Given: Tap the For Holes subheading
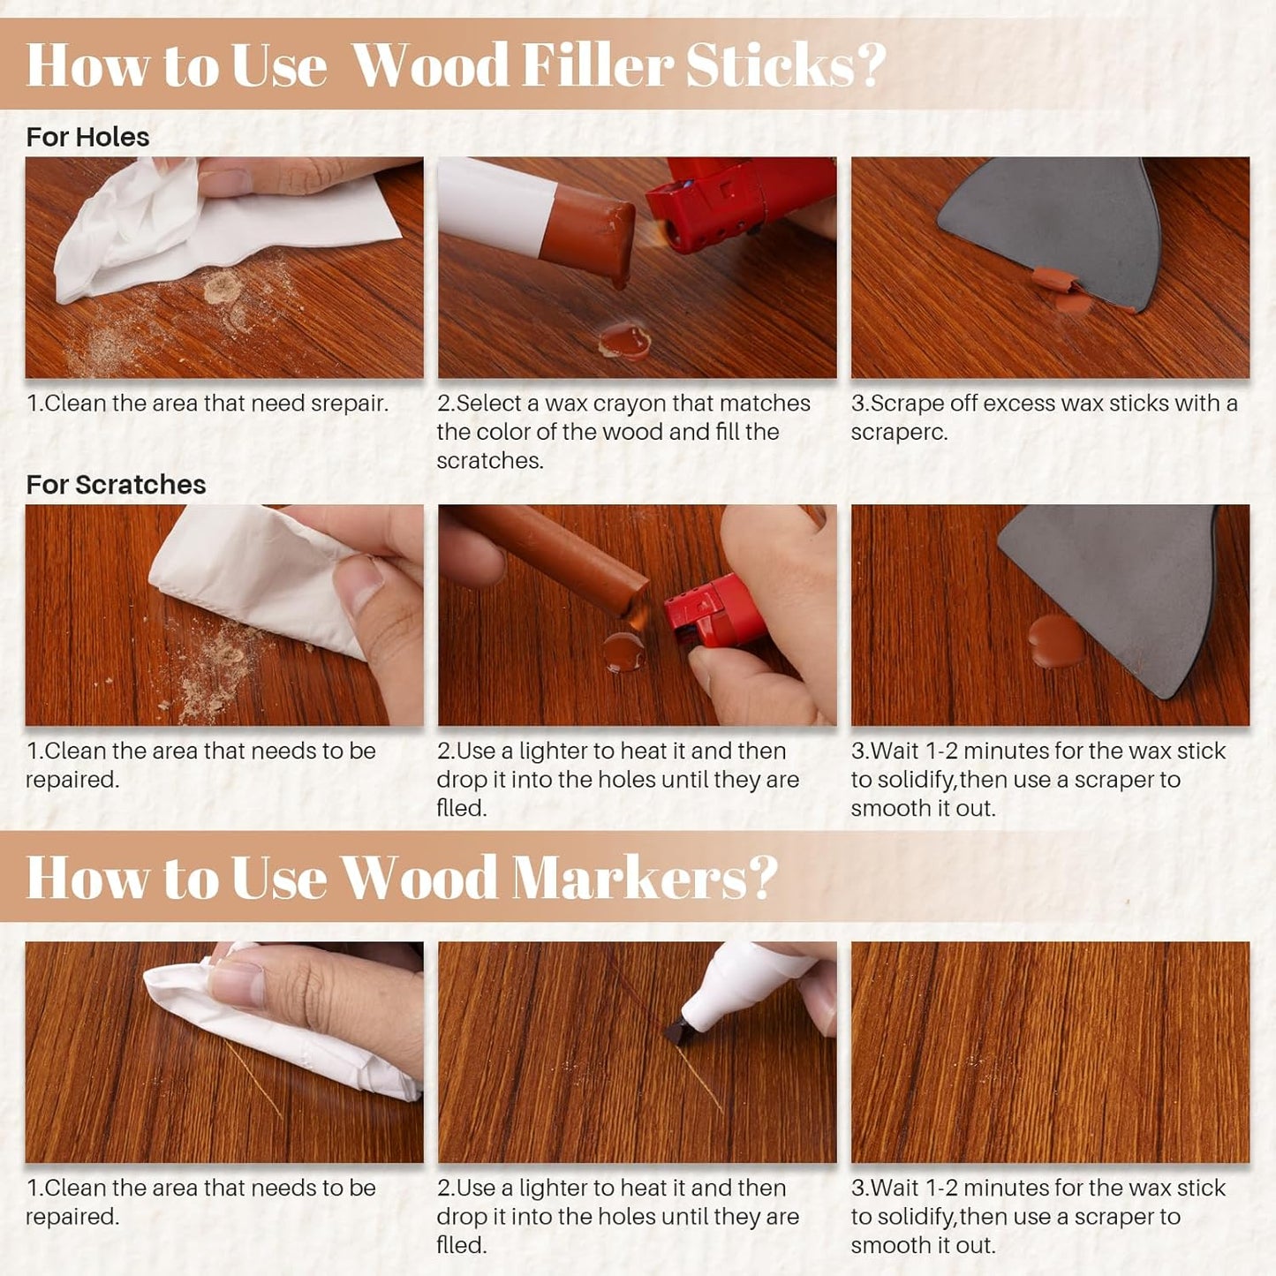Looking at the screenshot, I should (x=87, y=137).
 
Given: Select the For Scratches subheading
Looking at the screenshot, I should (x=116, y=484).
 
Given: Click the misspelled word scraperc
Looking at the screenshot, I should (x=899, y=432).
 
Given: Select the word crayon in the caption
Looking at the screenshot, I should (x=629, y=404).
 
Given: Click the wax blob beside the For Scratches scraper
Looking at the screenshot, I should (x=1056, y=641).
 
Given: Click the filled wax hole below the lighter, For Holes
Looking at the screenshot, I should (x=625, y=341).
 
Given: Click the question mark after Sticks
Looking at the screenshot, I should (x=870, y=65).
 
